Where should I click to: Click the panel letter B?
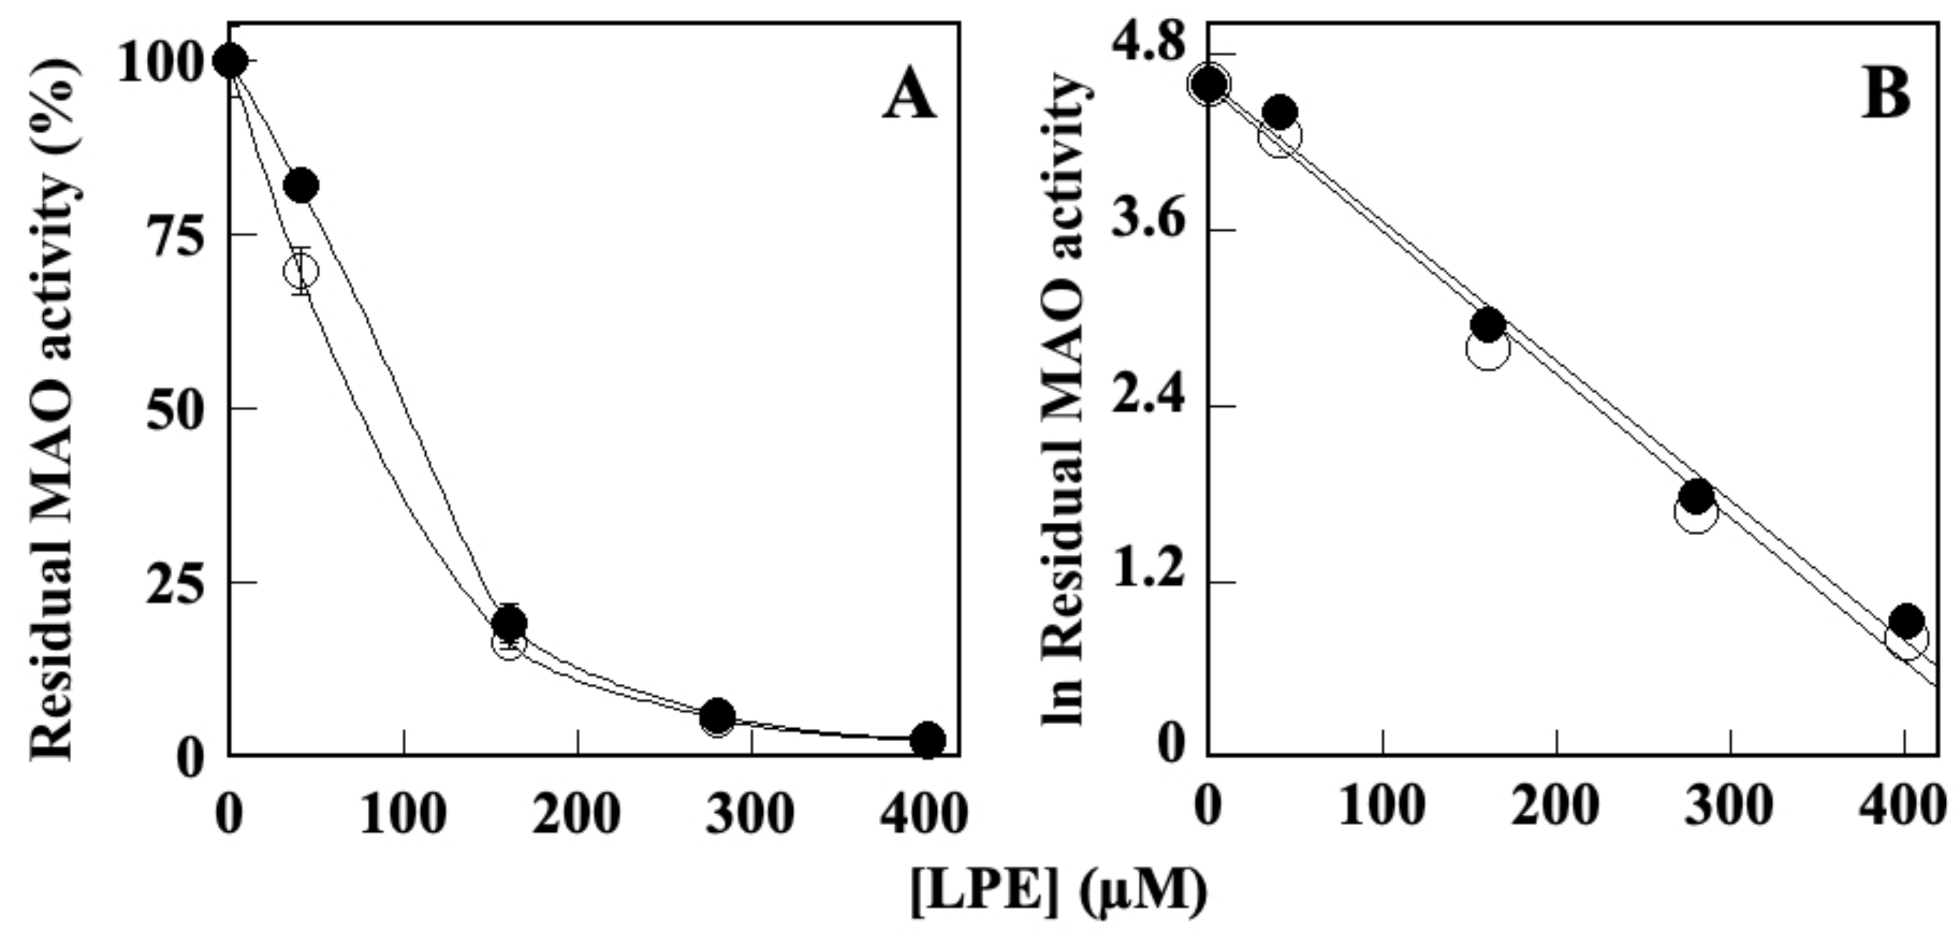[x=1885, y=97]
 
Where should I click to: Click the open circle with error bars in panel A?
[x=301, y=270]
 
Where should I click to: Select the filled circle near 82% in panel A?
[x=301, y=185]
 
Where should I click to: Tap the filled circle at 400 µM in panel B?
[x=1906, y=621]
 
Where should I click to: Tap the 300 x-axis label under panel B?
[x=1729, y=807]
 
